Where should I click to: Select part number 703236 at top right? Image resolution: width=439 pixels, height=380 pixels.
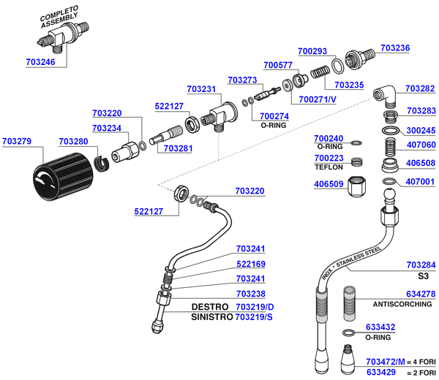[x=396, y=48]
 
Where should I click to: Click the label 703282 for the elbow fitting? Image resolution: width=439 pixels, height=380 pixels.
[x=421, y=88]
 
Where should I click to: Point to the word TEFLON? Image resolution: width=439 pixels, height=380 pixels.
[x=328, y=167]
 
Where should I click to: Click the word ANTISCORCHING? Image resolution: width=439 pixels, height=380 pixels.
[x=402, y=304]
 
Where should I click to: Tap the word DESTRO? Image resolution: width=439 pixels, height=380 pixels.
[x=211, y=307]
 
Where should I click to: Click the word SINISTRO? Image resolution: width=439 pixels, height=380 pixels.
[x=211, y=318]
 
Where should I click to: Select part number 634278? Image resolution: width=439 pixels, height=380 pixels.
[x=421, y=294]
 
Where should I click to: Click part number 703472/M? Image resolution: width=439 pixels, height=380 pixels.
[x=386, y=362]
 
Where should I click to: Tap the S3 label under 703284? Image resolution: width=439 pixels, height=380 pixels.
[x=422, y=277]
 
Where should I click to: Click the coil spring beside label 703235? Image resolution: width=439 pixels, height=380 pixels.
[x=320, y=73]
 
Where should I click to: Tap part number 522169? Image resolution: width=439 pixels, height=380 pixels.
[x=250, y=264]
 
